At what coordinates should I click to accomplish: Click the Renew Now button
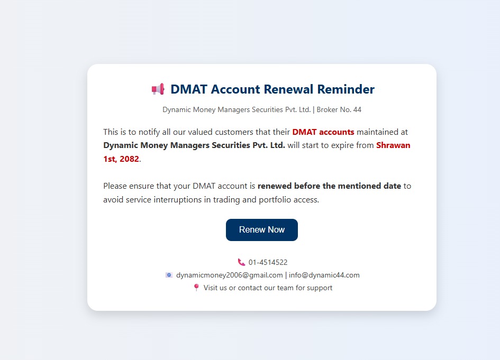click(x=262, y=230)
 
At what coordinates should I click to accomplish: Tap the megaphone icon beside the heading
click(x=158, y=89)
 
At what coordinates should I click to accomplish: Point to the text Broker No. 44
click(x=339, y=109)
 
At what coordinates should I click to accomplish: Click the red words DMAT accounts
click(x=323, y=132)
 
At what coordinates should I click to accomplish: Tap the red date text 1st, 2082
click(x=121, y=159)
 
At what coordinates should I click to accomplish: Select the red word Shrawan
click(x=393, y=145)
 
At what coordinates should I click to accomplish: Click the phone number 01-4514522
click(x=268, y=262)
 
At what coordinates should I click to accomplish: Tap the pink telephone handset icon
click(x=241, y=262)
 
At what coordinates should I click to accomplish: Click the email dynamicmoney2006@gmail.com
click(x=230, y=275)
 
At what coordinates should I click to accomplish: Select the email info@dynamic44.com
click(x=324, y=275)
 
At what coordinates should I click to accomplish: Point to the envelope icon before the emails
click(x=169, y=275)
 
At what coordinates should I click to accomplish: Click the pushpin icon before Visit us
click(x=196, y=288)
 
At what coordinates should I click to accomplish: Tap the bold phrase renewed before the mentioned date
click(x=330, y=186)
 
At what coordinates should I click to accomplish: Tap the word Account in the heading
click(x=236, y=89)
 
